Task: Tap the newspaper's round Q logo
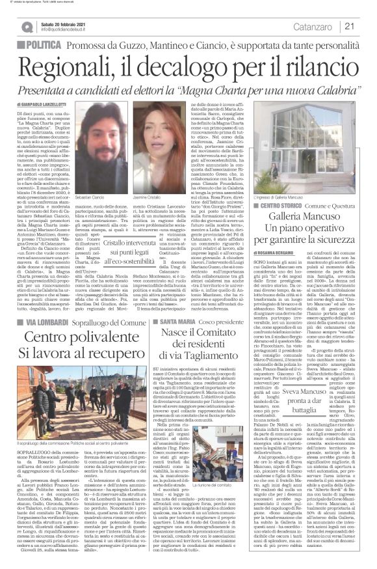[x=27, y=26]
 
